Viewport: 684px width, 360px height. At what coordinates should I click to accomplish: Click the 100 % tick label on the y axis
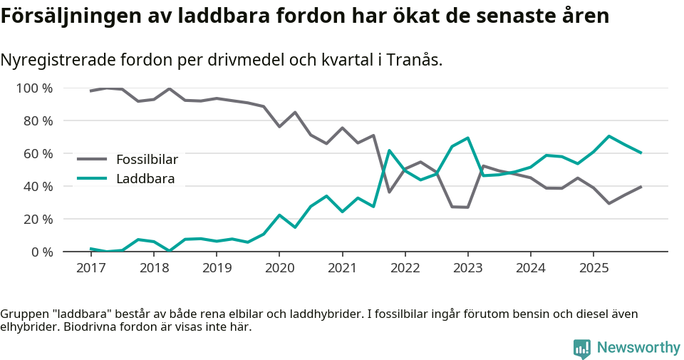coord(34,88)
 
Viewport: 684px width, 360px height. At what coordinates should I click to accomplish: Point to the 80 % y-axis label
coord(37,121)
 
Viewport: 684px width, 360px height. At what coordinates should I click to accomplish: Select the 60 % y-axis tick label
coord(37,154)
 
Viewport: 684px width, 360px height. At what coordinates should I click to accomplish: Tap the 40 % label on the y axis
coord(37,187)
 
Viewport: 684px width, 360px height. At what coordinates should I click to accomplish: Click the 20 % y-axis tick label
coord(37,220)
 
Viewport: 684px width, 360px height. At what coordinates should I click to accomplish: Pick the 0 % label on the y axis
coord(41,252)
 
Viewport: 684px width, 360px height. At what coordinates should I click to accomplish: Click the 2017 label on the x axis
coord(90,268)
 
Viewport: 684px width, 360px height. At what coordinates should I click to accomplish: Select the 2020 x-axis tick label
coord(279,268)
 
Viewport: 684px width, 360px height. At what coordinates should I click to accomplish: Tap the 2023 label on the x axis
coord(467,268)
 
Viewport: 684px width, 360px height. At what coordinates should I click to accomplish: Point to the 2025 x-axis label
coord(594,268)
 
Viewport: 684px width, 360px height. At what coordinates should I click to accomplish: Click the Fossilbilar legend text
coord(147,159)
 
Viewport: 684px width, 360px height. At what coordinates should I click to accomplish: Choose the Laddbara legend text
coord(145,179)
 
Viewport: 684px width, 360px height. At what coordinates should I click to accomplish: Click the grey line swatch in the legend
coord(92,159)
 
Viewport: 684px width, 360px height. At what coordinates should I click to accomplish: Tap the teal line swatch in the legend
coord(92,179)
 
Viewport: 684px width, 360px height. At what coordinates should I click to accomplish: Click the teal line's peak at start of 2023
coord(467,138)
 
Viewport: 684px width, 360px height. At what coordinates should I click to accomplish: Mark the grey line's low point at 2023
coord(467,207)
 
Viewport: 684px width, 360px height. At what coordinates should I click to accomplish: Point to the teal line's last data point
coord(641,153)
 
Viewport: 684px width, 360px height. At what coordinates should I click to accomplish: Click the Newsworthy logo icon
coord(582,348)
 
